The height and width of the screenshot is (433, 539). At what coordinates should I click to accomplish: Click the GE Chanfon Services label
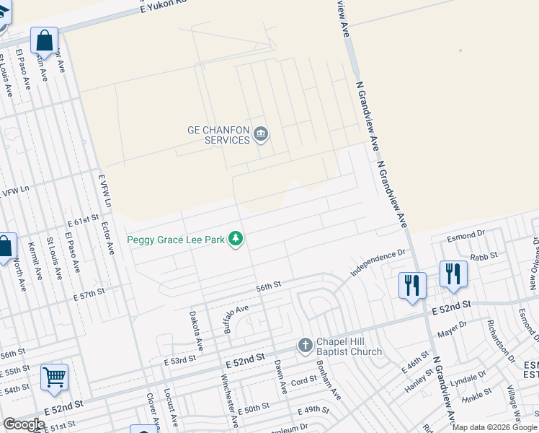coord(218,135)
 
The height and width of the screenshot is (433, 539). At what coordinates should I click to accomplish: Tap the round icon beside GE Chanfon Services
coord(260,134)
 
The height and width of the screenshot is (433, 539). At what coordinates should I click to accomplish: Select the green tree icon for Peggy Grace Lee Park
coord(236,239)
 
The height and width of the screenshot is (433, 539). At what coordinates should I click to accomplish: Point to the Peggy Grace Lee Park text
coord(176,240)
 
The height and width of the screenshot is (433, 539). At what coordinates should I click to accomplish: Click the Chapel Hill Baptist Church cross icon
coord(305,346)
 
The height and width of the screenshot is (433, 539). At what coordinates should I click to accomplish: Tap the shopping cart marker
coord(55,377)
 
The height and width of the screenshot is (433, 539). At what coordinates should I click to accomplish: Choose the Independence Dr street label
coord(379,263)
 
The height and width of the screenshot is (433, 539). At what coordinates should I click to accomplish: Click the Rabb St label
coord(484,256)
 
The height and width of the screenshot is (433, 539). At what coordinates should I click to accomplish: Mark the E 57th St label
coord(89,293)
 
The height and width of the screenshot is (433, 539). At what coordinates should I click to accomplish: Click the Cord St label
coord(304,380)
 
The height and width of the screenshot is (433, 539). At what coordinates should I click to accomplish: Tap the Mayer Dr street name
coord(453,329)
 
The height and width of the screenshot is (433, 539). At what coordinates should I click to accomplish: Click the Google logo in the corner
coord(24,424)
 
